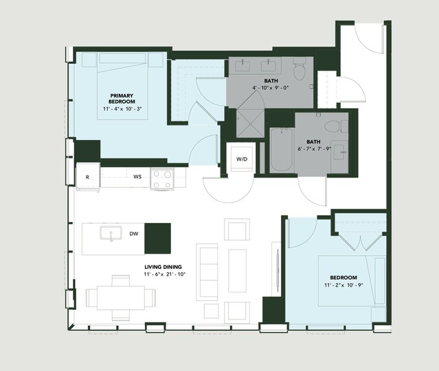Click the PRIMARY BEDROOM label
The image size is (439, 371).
pyautogui.click(x=122, y=99)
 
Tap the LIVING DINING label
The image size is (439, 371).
pyautogui.click(x=163, y=267)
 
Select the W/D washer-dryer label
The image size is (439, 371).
pyautogui.click(x=242, y=159)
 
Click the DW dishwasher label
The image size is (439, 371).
pyautogui.click(x=134, y=234)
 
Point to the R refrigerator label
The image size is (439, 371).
pyautogui.click(x=87, y=177)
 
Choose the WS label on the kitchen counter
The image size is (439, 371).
pyautogui.click(x=137, y=176)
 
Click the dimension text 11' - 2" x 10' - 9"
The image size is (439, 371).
pyautogui.click(x=344, y=285)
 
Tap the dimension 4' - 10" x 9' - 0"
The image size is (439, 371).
pyautogui.click(x=271, y=88)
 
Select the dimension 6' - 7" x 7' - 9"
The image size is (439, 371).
pyautogui.click(x=314, y=149)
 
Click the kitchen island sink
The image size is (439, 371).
pyautogui.click(x=111, y=233)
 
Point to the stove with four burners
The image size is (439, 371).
pyautogui.click(x=162, y=179)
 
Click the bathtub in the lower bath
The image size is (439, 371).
pyautogui.click(x=282, y=149)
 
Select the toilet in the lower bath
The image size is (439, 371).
pyautogui.click(x=336, y=126)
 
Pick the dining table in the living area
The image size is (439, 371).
pyautogui.click(x=121, y=298)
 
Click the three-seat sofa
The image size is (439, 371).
pyautogui.click(x=207, y=272)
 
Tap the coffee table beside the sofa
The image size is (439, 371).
pyautogui.click(x=238, y=271)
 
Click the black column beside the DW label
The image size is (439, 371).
pyautogui.click(x=157, y=238)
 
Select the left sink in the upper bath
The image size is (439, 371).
pyautogui.click(x=243, y=66)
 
